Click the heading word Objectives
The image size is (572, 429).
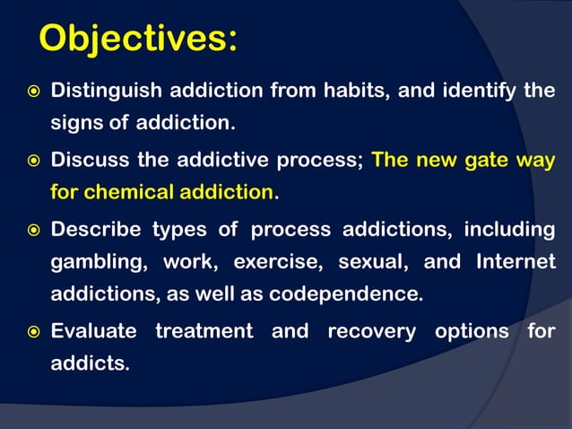pyautogui.click(x=138, y=39)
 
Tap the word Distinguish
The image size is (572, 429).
pyautogui.click(x=105, y=92)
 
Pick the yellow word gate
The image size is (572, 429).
pyautogui.click(x=484, y=162)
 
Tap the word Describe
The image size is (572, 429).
pyautogui.click(x=95, y=230)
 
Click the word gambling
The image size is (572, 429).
pyautogui.click(x=98, y=262)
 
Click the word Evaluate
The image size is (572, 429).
pyautogui.click(x=93, y=331)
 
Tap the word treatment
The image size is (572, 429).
pyautogui.click(x=204, y=331)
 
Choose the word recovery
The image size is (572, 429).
pyautogui.click(x=371, y=331)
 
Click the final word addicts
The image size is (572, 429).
pyautogui.click(x=90, y=363)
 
